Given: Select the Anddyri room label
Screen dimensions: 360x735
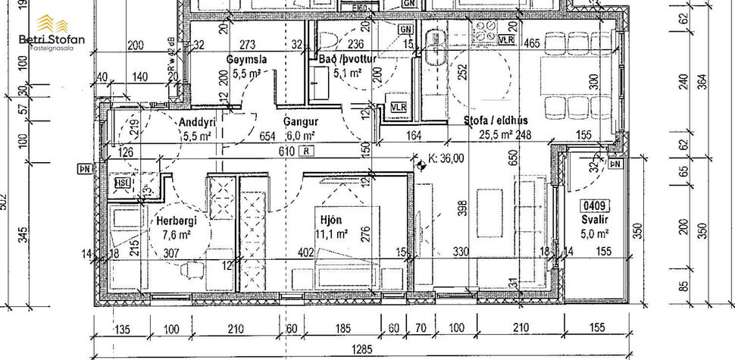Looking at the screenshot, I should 199,123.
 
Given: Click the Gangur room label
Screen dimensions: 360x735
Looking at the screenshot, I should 301,121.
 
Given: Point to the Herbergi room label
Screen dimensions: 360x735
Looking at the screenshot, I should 177,221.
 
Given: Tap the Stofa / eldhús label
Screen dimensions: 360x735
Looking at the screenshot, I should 496,121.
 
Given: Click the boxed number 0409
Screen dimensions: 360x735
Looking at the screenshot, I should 593,205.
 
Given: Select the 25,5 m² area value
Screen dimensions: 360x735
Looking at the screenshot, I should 496,135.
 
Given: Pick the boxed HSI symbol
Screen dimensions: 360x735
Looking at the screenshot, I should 120,182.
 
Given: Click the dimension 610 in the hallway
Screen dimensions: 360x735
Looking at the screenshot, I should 286,152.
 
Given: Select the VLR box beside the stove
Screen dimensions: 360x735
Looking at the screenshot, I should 507,38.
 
